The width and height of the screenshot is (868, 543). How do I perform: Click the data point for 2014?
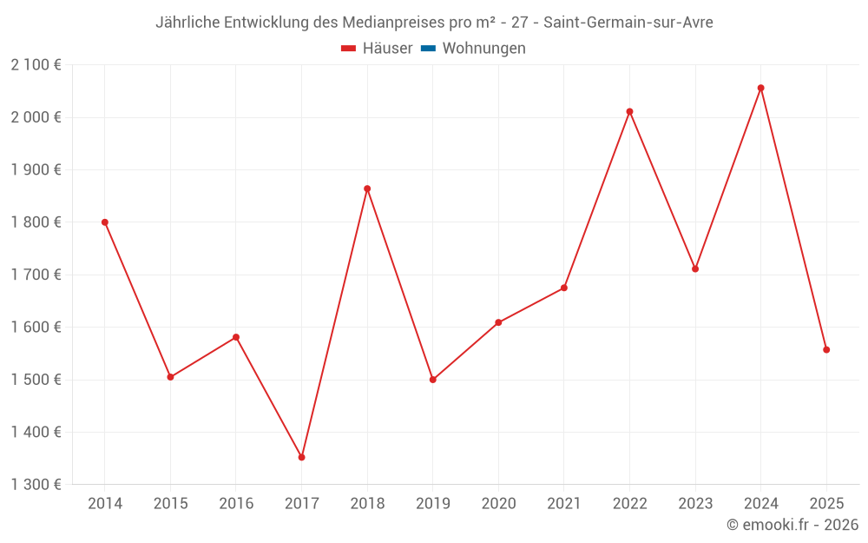click(105, 222)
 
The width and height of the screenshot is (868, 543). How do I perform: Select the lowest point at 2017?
click(301, 457)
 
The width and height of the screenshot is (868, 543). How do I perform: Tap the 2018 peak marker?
click(367, 189)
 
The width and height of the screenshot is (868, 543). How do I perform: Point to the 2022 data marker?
click(629, 111)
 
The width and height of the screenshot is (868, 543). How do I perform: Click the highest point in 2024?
click(760, 88)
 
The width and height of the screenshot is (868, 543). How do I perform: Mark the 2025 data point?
click(826, 350)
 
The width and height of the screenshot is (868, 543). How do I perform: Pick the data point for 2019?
click(433, 380)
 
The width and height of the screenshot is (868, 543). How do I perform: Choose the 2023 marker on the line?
click(695, 268)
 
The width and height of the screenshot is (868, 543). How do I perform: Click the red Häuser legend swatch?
click(349, 49)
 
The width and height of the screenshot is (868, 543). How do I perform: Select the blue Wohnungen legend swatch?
click(428, 49)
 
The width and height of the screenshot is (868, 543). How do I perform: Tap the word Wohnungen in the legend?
click(483, 49)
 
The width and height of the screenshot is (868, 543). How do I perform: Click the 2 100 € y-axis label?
click(36, 65)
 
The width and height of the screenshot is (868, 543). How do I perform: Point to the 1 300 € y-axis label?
click(36, 485)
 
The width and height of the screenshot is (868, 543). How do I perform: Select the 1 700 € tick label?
click(36, 275)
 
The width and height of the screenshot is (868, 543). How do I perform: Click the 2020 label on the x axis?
click(498, 504)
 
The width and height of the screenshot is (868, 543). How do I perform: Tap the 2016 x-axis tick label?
click(236, 504)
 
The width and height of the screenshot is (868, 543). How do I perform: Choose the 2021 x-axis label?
click(564, 504)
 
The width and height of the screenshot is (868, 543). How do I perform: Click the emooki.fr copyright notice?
click(792, 525)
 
